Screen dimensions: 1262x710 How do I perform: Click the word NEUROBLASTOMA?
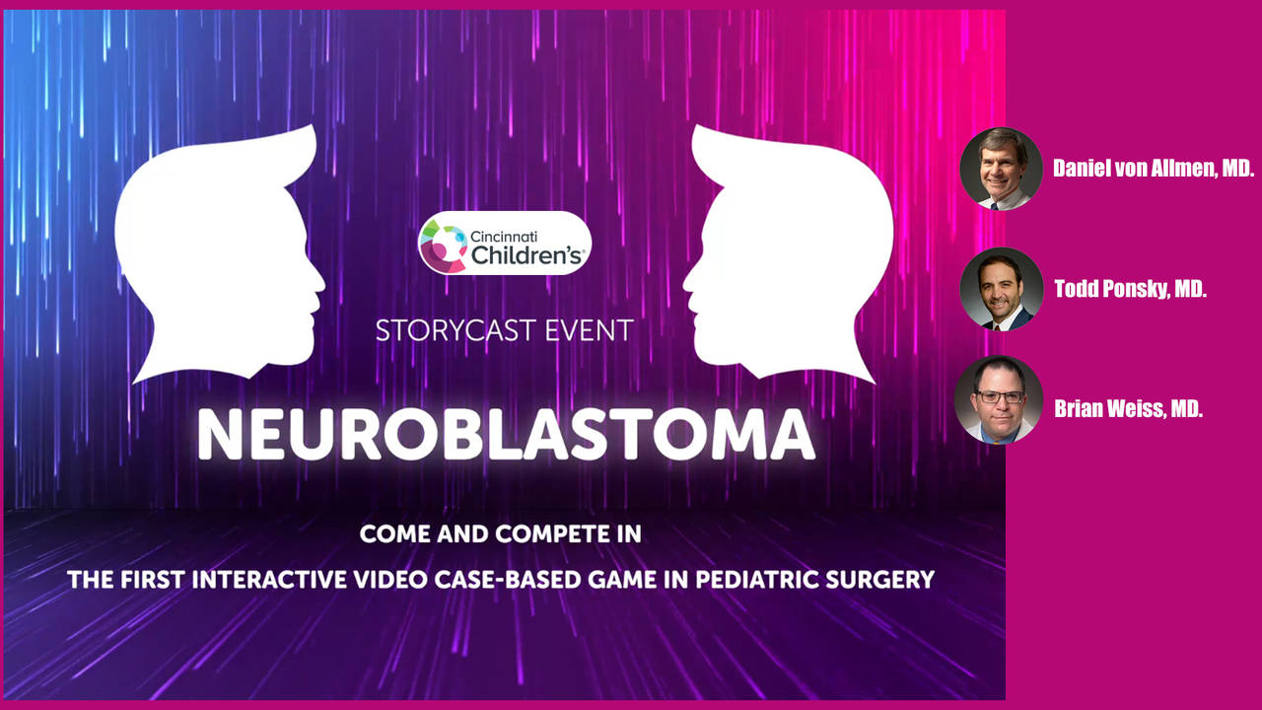(506, 435)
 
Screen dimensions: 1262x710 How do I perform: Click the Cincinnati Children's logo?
(505, 243)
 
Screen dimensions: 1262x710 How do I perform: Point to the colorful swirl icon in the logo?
(444, 246)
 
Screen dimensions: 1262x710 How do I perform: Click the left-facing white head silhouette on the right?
(788, 254)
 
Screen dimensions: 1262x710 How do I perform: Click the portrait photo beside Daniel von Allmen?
(1001, 169)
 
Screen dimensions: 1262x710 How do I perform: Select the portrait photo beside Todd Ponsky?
(1001, 289)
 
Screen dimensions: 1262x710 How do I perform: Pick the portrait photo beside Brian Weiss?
(999, 399)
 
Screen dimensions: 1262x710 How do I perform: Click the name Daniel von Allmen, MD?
(1154, 168)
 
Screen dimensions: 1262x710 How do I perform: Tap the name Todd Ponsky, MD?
(1130, 289)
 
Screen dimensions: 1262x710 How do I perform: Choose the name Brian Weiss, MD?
(1128, 408)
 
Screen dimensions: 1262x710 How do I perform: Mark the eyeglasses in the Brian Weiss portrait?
(1000, 396)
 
